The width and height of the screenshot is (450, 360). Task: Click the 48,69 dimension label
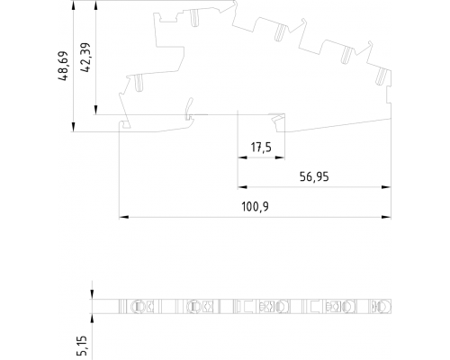(64, 66)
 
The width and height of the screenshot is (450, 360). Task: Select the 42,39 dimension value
(85, 58)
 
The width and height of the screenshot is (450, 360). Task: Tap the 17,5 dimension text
(261, 148)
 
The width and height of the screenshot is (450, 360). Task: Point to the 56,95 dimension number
(314, 176)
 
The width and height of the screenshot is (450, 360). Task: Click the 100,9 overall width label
(256, 207)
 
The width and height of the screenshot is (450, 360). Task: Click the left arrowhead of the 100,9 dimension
(124, 217)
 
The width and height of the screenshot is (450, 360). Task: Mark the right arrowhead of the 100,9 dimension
(386, 217)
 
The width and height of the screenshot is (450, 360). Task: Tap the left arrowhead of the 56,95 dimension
(242, 187)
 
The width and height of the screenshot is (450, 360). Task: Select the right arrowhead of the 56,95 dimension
(386, 187)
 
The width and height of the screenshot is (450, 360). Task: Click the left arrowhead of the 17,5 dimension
(242, 157)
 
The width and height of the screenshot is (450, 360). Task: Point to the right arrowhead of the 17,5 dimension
(280, 157)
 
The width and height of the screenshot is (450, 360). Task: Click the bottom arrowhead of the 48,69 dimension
(74, 127)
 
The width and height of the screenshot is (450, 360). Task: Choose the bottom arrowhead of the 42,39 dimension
(95, 110)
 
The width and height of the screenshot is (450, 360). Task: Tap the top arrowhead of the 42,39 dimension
(95, 5)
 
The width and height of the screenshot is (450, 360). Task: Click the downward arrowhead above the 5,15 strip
(92, 294)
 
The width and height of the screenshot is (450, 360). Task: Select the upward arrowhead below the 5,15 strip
(92, 319)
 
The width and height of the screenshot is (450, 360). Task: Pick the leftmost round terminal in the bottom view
(137, 306)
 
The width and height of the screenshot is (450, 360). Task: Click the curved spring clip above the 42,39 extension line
(189, 109)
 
